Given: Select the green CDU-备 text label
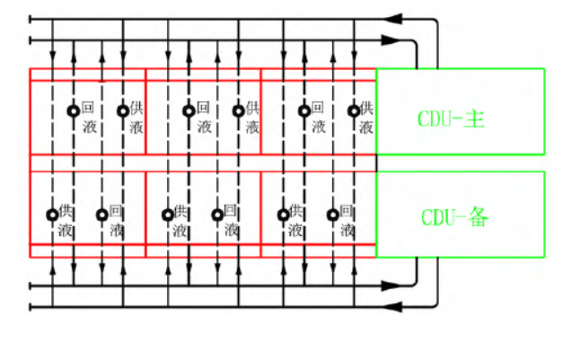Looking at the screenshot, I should tap(454, 217).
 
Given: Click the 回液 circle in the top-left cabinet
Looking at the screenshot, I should tap(74, 110).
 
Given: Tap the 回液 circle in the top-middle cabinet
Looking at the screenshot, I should tap(189, 110).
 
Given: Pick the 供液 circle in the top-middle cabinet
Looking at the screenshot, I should tap(238, 110).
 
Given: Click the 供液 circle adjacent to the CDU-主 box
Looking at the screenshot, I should tap(354, 110).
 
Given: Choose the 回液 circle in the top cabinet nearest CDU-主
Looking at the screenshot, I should tap(304, 110).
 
